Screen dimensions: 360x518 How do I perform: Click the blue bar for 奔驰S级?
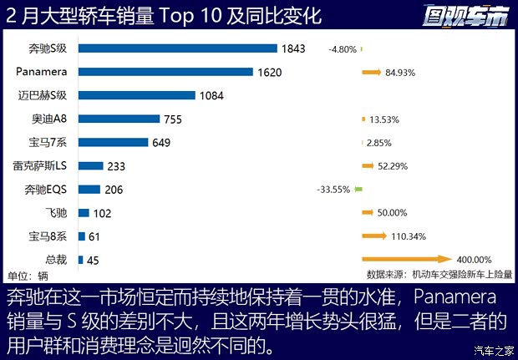179,48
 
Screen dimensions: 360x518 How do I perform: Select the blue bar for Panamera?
165,72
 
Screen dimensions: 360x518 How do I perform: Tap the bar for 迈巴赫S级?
136,95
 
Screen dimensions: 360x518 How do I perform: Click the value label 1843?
295,48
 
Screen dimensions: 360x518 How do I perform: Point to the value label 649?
162,142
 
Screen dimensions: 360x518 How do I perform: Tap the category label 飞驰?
56,213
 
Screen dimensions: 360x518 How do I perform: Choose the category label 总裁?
56,260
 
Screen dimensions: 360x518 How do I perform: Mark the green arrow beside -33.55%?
358,190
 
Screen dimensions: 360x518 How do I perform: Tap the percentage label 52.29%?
393,166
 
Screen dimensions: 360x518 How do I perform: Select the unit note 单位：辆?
28,275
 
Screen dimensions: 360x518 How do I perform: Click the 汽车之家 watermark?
492,350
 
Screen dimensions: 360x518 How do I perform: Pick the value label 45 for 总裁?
93,261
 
